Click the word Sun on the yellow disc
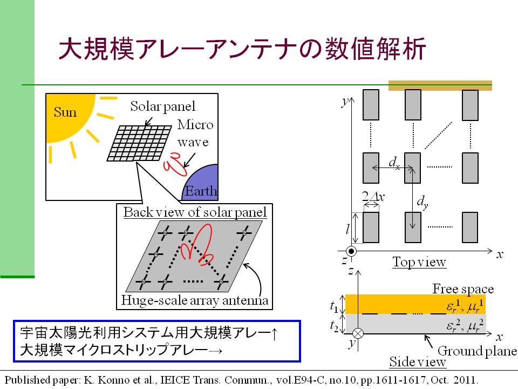(65, 112)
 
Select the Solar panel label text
(162, 106)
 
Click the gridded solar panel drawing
(139, 143)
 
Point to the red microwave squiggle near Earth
(175, 165)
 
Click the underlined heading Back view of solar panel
(195, 212)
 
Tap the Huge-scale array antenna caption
(195, 300)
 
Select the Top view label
(419, 262)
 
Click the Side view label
(418, 361)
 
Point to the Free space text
(463, 289)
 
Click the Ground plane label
(477, 351)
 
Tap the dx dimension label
(394, 163)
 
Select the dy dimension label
(422, 202)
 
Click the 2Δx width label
(373, 197)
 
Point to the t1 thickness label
(335, 306)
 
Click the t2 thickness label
(335, 326)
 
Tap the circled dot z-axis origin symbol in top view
(351, 251)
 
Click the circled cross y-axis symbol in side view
(358, 333)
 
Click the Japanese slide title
(242, 49)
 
